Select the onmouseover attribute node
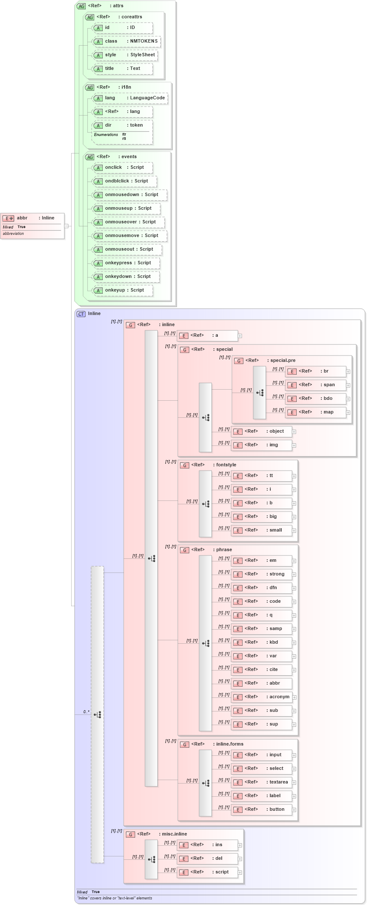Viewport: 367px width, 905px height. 128,222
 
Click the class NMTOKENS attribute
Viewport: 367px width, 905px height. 126,41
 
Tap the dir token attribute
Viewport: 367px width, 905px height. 122,125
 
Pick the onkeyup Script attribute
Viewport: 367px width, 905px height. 122,290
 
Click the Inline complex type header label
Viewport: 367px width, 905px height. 94,314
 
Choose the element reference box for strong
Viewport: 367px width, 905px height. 261,574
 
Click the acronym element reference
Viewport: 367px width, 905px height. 261,697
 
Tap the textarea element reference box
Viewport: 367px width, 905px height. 261,782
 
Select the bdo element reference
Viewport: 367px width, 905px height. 315,399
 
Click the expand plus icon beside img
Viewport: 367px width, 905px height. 294,445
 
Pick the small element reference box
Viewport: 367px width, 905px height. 261,530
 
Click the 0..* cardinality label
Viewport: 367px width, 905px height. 86,712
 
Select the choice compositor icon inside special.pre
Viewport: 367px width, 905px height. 260,393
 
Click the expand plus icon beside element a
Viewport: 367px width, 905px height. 240,336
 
